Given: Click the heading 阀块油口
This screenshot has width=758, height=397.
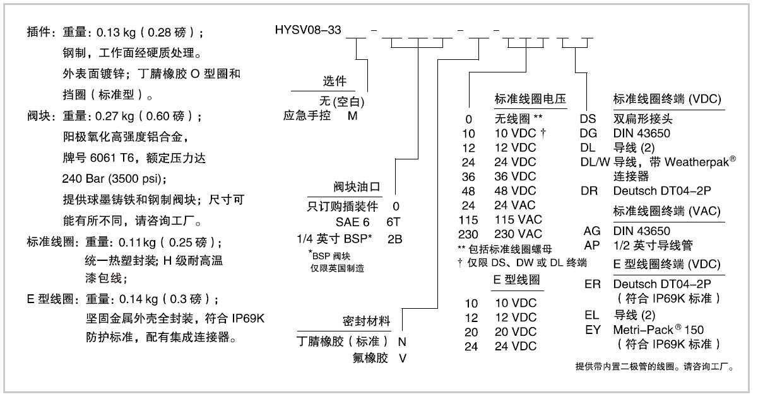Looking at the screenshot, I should point(355,187).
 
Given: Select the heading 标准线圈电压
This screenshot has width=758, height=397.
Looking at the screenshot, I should point(530,99).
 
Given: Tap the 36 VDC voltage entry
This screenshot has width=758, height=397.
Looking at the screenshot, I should point(514,176).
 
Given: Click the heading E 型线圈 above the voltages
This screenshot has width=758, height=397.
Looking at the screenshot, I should point(517,280).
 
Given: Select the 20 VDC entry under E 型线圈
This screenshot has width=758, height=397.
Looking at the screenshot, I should point(514,331).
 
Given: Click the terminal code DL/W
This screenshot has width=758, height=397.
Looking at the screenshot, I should point(595,162).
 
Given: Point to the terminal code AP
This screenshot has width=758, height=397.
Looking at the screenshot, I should point(592,245).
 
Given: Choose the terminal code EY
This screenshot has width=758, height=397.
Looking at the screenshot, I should point(593,330).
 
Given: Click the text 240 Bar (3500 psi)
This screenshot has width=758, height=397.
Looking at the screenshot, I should point(114,178).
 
